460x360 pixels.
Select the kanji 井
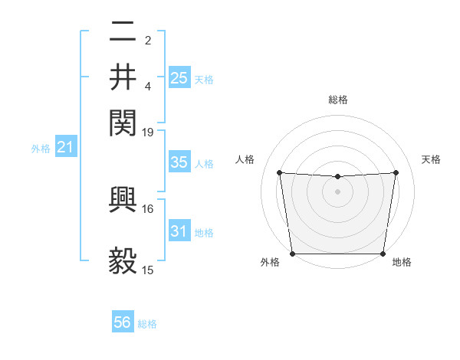tap(123, 77)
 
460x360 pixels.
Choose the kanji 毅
tap(123, 260)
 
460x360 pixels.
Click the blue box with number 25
tap(179, 77)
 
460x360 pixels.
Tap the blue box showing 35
tap(179, 162)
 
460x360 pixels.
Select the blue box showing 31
tap(179, 231)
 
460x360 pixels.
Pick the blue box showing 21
tap(64, 147)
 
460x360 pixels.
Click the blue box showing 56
tap(122, 322)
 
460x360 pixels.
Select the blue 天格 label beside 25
tap(203, 79)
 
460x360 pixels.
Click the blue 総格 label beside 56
tap(147, 324)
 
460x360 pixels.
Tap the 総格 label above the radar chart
tap(337, 100)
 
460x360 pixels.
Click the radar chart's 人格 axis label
tap(245, 159)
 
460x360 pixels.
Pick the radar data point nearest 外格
tap(292, 254)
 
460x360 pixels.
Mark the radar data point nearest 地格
tap(383, 254)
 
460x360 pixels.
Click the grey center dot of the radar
tap(337, 191)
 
